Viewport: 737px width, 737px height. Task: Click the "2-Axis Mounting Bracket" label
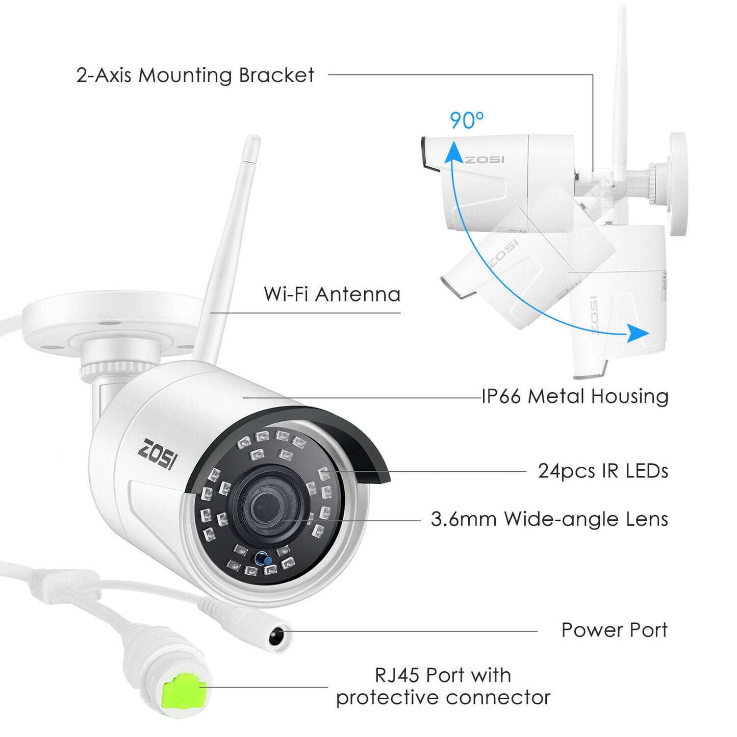(x=195, y=75)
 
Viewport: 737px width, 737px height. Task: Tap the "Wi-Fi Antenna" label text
(x=332, y=294)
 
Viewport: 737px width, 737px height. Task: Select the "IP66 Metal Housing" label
(x=575, y=396)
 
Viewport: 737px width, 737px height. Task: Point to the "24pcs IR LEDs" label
(x=603, y=471)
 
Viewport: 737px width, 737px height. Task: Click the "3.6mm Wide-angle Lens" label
(x=550, y=519)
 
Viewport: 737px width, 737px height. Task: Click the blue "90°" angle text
(x=467, y=120)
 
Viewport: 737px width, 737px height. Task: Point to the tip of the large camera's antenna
(x=252, y=138)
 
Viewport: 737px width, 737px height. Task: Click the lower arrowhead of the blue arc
(x=638, y=334)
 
